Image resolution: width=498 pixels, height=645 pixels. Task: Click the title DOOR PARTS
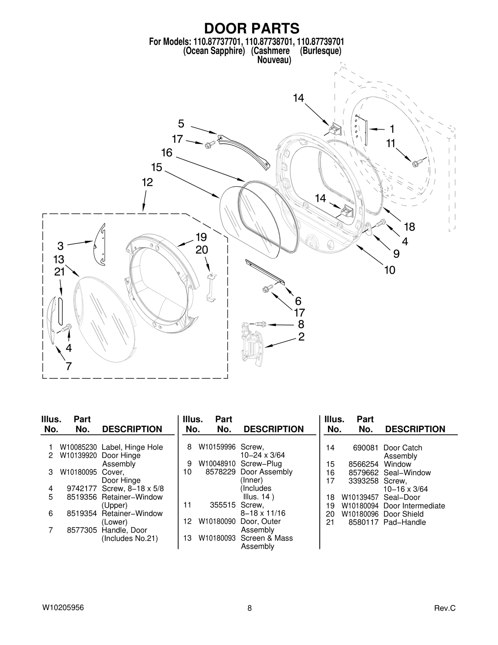(x=251, y=29)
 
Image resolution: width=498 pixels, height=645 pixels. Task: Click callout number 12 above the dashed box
(x=147, y=182)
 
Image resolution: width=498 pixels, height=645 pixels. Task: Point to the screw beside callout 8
(x=261, y=324)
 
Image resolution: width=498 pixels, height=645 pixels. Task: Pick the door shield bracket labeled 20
(x=211, y=287)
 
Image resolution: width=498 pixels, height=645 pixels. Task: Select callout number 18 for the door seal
(x=409, y=227)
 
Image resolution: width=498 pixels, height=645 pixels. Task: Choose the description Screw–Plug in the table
(x=261, y=463)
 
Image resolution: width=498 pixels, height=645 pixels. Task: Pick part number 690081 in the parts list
(x=365, y=448)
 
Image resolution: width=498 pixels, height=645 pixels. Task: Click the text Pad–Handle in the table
(x=404, y=522)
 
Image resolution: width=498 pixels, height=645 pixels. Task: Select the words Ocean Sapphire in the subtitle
(x=214, y=51)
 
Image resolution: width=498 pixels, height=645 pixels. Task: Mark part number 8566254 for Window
(x=363, y=464)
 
